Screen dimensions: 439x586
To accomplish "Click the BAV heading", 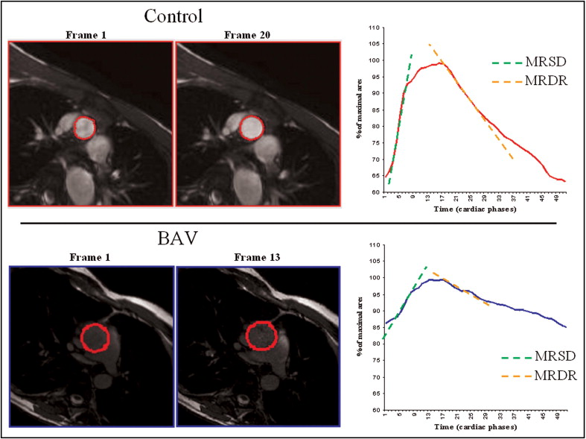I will (174, 239).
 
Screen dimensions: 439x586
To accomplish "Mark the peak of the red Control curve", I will (441, 63).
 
